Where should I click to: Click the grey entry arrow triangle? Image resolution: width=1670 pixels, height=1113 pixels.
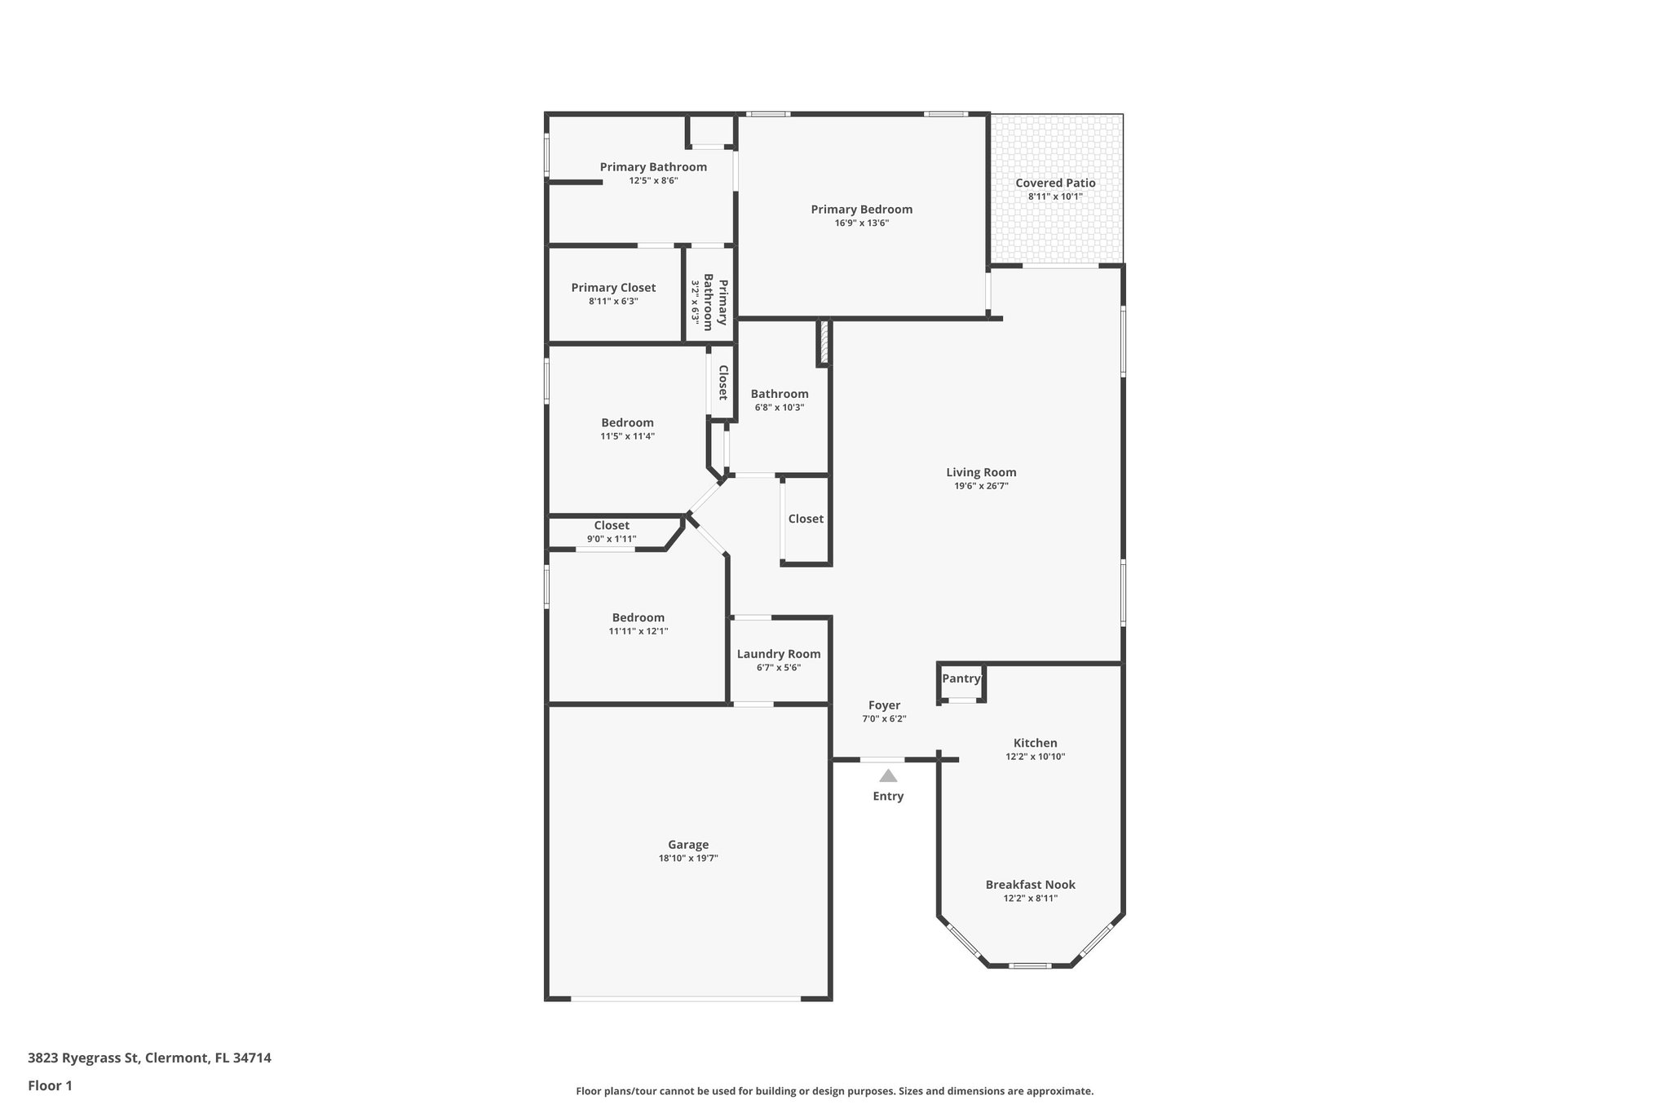[x=888, y=776]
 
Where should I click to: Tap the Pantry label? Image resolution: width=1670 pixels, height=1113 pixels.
[x=961, y=678]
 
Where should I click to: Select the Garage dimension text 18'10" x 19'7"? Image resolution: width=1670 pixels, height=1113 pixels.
[x=688, y=859]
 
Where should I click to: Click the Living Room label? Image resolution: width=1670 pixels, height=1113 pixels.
[x=981, y=472]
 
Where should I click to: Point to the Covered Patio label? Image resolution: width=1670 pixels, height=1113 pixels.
[x=1055, y=183]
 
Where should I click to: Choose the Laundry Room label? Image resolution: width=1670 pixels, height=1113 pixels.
[x=779, y=654]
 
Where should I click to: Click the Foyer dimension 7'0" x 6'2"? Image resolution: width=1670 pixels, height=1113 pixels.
[x=884, y=719]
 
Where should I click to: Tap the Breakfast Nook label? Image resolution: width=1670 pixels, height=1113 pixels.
[x=1030, y=885]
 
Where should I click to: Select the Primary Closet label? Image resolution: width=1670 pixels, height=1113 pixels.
[x=613, y=288]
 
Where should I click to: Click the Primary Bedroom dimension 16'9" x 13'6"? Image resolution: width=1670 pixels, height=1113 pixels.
[x=861, y=223]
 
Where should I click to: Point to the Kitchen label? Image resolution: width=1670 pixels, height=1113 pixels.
[x=1035, y=743]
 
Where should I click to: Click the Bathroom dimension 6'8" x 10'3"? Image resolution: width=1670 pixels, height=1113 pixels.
[x=780, y=408]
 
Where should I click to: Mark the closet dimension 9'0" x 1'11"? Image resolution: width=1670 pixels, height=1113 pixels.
[x=612, y=539]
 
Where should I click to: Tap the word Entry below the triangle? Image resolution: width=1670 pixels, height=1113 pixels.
[x=888, y=796]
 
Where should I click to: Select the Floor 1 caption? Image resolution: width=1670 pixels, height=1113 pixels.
[x=50, y=1086]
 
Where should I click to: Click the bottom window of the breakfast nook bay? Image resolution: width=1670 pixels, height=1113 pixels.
[x=1029, y=966]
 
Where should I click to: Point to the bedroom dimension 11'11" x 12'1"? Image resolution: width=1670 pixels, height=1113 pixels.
[x=638, y=631]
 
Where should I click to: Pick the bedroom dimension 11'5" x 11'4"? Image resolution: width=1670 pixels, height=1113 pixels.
[x=627, y=436]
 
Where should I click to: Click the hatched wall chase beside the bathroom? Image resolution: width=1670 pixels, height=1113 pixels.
[x=824, y=342]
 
